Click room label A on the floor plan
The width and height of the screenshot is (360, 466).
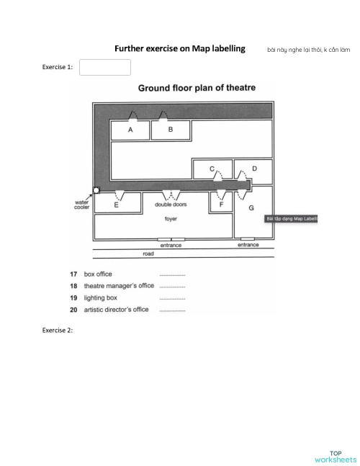pyautogui.click(x=130, y=130)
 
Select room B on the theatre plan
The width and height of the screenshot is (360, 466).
pyautogui.click(x=171, y=130)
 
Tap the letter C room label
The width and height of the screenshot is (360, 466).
pyautogui.click(x=212, y=169)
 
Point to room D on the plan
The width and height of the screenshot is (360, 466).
pyautogui.click(x=253, y=169)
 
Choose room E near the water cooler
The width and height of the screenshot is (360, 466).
pyautogui.click(x=117, y=205)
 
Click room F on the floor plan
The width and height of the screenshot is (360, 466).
pyautogui.click(x=222, y=205)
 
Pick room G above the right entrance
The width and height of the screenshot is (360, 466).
pyautogui.click(x=251, y=207)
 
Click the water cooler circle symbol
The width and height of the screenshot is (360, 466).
pyautogui.click(x=96, y=191)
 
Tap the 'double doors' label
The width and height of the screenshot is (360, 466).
pyautogui.click(x=171, y=205)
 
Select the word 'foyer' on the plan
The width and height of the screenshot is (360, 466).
pyautogui.click(x=171, y=218)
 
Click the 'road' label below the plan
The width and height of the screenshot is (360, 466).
pyautogui.click(x=148, y=254)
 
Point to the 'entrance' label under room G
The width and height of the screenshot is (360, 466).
pyautogui.click(x=248, y=245)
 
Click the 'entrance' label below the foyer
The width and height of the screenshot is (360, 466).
pyautogui.click(x=171, y=245)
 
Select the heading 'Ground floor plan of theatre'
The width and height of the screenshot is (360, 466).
pyautogui.click(x=197, y=88)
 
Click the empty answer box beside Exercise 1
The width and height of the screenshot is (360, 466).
pyautogui.click(x=105, y=67)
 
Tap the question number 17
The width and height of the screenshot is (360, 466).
pyautogui.click(x=73, y=274)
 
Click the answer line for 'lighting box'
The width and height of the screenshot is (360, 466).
pyautogui.click(x=172, y=297)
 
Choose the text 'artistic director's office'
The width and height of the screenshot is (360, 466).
pyautogui.click(x=117, y=309)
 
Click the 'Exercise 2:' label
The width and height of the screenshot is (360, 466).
pyautogui.click(x=58, y=330)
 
